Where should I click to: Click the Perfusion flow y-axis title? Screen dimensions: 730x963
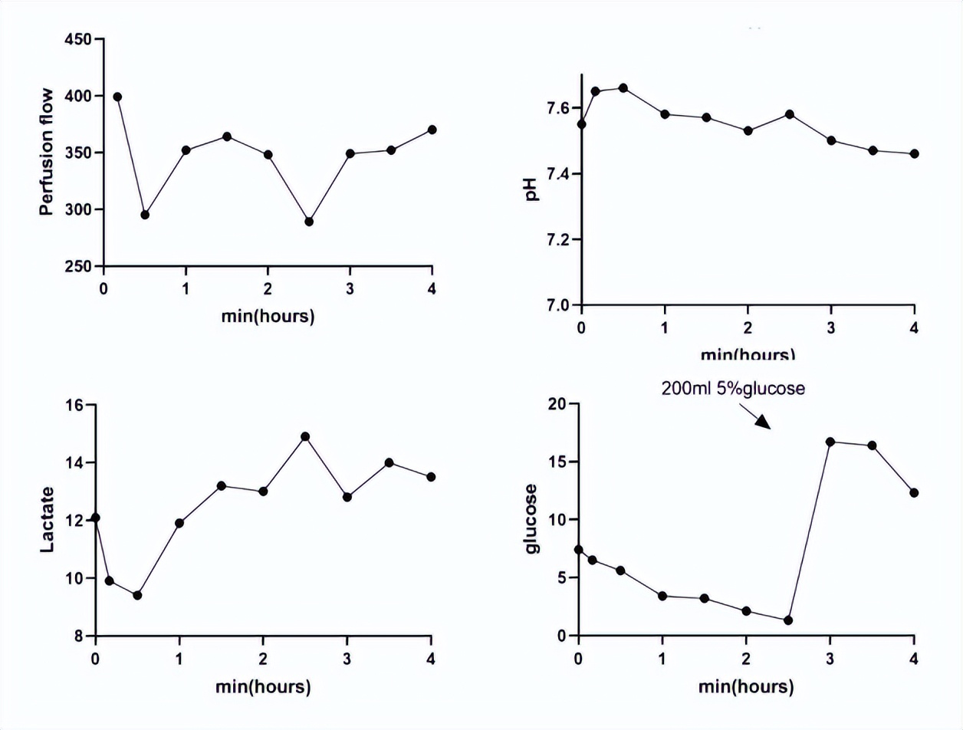click(47, 153)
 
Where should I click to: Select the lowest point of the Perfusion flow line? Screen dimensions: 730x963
click(309, 222)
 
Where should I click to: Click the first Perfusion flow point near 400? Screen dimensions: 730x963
click(117, 97)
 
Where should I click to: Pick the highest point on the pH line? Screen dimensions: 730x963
click(623, 88)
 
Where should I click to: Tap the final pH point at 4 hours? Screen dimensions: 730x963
click(914, 154)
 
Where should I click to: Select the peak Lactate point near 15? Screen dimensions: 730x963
click(305, 436)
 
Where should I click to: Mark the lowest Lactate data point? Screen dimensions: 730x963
click(137, 595)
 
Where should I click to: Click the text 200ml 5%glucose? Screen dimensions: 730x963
click(732, 388)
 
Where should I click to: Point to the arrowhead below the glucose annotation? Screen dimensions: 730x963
click(764, 423)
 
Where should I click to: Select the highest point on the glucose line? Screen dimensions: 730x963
click(830, 442)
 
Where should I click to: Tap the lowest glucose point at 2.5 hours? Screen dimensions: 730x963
click(788, 620)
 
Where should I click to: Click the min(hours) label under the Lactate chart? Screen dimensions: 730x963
click(263, 687)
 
